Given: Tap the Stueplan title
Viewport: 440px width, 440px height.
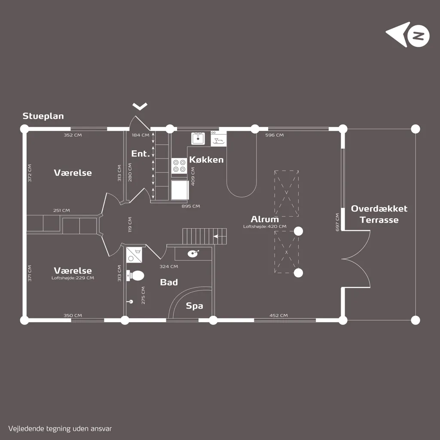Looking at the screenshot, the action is (x=43, y=116).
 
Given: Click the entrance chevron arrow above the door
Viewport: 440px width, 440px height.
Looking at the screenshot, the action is (x=140, y=107).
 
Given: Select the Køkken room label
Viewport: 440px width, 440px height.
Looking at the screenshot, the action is (x=206, y=160).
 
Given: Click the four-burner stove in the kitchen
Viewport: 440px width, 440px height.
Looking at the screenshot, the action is (x=179, y=166).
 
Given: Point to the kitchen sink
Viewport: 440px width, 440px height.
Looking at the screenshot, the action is (x=198, y=138).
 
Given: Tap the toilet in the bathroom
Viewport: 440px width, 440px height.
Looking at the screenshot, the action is (x=135, y=275).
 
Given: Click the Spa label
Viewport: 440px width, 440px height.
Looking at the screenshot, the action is (x=195, y=306).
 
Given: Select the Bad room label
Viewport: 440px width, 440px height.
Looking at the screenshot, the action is (x=169, y=282).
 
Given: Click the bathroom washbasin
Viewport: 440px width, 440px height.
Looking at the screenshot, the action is (x=193, y=254).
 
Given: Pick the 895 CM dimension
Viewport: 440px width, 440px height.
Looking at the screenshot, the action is (x=191, y=206).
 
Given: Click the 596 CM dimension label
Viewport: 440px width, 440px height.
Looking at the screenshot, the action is (x=275, y=135).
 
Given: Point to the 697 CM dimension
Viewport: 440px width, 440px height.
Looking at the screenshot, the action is (x=337, y=222).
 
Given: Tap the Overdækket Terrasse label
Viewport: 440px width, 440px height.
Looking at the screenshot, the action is (x=379, y=214).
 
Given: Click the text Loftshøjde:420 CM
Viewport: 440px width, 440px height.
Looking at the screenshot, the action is (x=265, y=226).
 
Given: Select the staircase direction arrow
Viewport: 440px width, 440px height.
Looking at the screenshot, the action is (x=216, y=236).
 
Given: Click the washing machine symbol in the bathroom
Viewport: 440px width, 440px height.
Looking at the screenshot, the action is (x=134, y=255).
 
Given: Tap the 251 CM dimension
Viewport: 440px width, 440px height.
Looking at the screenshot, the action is (x=61, y=211).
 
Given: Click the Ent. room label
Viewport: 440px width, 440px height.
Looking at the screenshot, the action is (x=141, y=153).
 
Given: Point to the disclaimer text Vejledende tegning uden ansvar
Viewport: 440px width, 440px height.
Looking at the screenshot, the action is (x=60, y=429).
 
